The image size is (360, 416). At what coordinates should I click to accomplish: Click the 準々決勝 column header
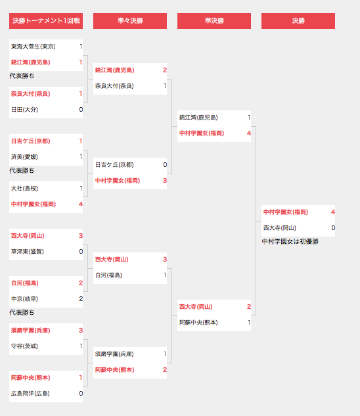coord(130,20)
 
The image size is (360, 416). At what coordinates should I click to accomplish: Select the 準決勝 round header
coord(214,20)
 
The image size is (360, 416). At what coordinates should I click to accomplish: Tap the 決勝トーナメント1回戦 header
coord(46,20)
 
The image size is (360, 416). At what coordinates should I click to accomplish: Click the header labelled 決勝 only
coord(298,20)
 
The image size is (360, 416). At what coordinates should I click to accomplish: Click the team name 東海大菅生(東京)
coord(33,47)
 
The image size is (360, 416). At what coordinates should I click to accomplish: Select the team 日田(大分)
coord(24,110)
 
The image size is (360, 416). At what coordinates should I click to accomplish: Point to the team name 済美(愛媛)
coord(24,157)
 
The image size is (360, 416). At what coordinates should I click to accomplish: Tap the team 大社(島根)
coord(24,189)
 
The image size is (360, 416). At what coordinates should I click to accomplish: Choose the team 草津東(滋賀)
coord(28,252)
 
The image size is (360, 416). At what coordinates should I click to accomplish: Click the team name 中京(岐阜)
coord(24,299)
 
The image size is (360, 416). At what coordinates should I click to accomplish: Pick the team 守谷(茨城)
coord(24,346)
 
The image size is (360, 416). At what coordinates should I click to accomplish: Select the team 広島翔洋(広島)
coord(30,394)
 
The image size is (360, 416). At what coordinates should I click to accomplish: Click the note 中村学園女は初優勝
coord(290,241)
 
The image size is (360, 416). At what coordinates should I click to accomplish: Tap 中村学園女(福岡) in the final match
coord(286,212)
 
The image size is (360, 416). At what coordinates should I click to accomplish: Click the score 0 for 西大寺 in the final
coord(333,227)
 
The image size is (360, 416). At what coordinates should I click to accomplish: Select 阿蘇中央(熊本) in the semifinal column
coord(198,322)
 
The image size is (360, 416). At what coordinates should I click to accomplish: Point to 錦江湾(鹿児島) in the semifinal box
coord(198,117)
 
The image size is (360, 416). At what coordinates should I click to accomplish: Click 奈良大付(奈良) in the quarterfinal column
coord(114,85)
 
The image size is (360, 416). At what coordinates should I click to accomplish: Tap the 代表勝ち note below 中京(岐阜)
coord(22,313)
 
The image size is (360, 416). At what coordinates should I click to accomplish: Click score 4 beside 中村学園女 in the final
coord(333,212)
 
